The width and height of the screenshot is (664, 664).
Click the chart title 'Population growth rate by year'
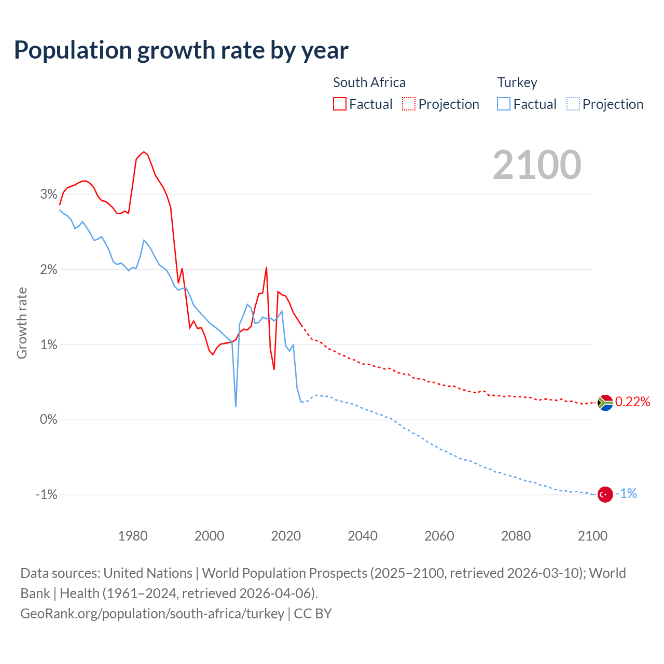pos(181,50)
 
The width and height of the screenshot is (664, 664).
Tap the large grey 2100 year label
pos(537,165)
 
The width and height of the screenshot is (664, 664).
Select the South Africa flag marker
pos(605,403)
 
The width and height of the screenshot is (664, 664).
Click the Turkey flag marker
pos(605,494)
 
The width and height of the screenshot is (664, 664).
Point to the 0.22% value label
pos(632,402)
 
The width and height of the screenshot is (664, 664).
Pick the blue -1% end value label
pos(626,494)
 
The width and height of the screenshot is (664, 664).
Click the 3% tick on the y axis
pos(48,195)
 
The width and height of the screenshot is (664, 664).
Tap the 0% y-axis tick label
pos(48,420)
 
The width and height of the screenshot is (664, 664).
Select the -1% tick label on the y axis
pos(46,495)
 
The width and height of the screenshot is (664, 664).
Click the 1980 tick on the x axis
pos(133,536)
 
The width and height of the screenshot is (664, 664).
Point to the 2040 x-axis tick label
pos(363,536)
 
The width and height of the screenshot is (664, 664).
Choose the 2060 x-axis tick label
pos(439,536)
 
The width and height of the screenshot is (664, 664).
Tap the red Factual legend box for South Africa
pos(340,104)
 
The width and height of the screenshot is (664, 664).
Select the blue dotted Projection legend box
pos(573,104)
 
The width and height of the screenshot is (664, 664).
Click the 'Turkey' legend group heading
pos(517,82)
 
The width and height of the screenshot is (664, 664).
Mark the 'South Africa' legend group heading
pos(369,82)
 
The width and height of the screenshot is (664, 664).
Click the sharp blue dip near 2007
pos(236,406)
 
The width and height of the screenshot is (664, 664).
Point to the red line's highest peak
pos(144,152)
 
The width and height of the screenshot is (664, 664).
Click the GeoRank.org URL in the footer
pos(152,614)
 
